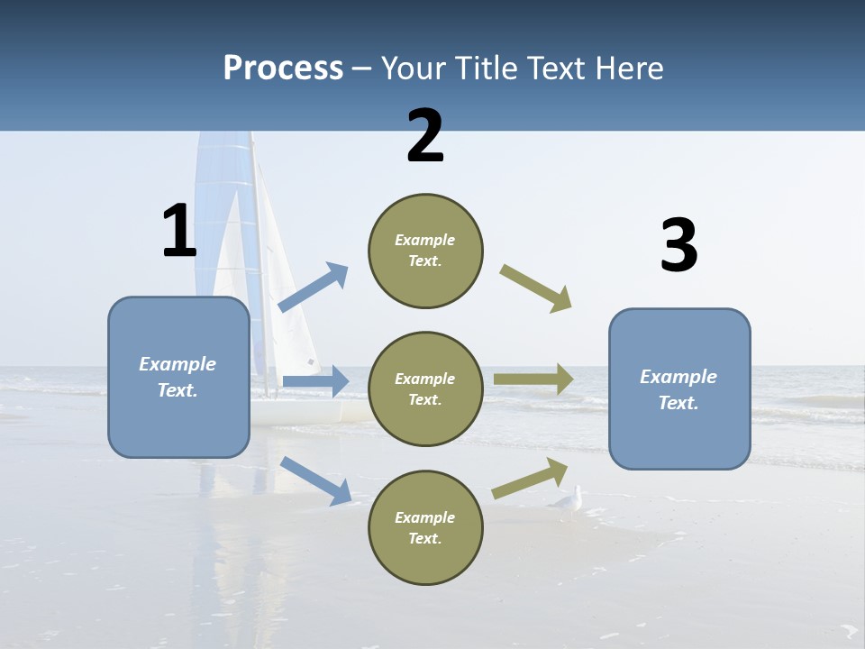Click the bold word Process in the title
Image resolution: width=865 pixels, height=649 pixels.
(283, 69)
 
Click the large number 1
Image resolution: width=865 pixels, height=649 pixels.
(179, 232)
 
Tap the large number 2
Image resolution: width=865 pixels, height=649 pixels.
(425, 136)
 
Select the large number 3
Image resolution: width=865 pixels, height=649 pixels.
(678, 246)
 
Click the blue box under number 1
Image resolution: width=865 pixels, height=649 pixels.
(178, 377)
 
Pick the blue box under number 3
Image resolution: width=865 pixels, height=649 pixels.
(679, 388)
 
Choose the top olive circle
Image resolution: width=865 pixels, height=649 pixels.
(425, 251)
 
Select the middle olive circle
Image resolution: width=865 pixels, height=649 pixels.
(425, 388)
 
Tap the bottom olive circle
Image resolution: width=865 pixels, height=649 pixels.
(425, 527)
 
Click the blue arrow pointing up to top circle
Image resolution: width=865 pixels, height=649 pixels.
(313, 288)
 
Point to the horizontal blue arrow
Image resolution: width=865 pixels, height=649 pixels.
(315, 381)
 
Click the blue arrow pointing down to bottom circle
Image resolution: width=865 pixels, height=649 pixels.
(315, 480)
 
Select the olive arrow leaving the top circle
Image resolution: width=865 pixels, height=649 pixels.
(536, 288)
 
